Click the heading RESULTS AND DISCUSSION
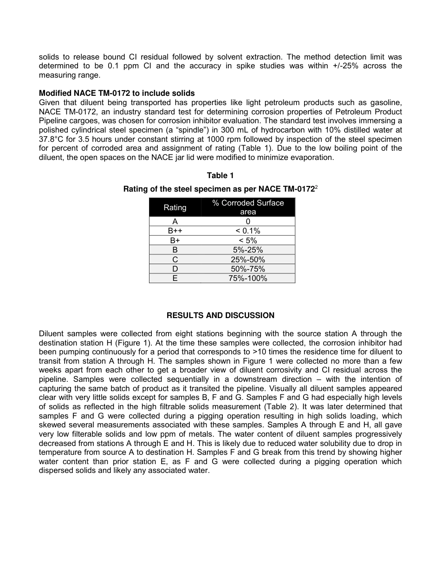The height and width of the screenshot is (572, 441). point(220,315)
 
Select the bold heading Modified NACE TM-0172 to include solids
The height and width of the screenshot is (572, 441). point(117,93)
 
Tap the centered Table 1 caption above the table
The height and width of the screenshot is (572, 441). point(220,175)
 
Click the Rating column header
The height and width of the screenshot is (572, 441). point(175,207)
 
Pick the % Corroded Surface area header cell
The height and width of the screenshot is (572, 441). point(248,207)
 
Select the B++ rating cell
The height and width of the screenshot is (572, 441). point(175,231)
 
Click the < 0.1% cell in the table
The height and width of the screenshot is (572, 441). point(248,231)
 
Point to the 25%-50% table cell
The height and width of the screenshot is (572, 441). point(248,259)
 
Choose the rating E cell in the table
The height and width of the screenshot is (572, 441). point(175,279)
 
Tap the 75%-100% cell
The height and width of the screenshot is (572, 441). point(248,279)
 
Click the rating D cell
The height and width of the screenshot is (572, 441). point(175,269)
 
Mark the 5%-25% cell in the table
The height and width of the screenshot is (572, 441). point(248,250)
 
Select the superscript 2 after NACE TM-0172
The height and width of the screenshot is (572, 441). point(316,187)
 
